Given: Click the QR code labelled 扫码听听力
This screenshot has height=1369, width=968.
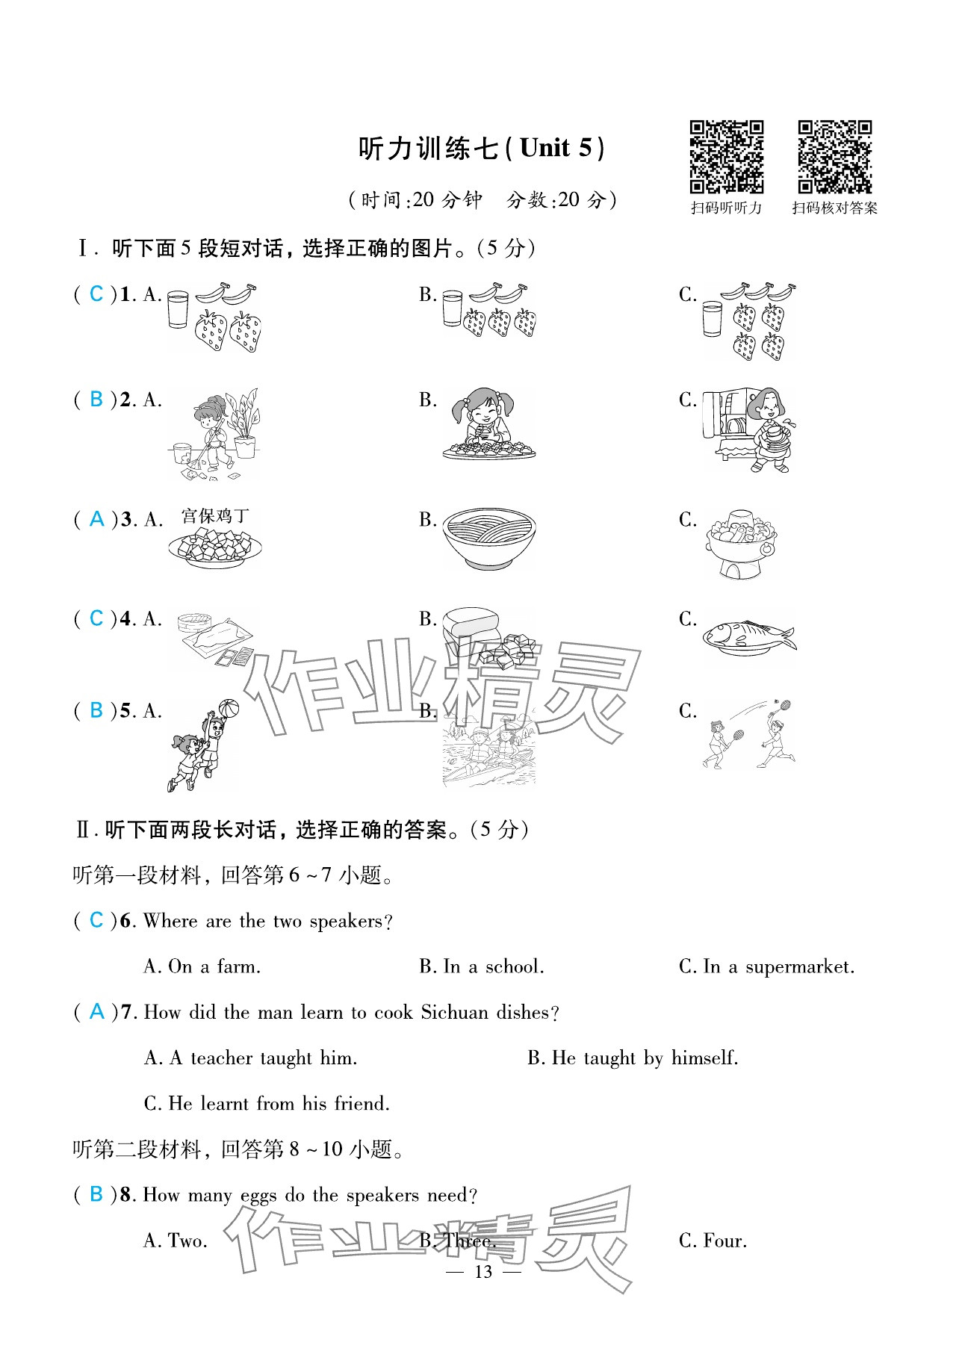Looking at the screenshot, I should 726,157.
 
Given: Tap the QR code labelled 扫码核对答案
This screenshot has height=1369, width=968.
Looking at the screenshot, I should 834,157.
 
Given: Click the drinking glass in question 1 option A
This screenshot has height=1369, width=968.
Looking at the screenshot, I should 178,309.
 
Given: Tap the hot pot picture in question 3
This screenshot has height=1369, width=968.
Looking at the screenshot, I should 740,544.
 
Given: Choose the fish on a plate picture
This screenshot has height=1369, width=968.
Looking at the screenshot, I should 748,637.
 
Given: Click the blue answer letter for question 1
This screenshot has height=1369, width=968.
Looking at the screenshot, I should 96,294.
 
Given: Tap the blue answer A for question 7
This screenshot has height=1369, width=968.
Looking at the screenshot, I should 96,1012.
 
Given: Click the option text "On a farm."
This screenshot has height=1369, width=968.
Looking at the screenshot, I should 214,967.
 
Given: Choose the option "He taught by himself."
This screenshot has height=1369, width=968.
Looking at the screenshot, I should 645,1058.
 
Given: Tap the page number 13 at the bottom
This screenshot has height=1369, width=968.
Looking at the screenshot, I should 483,1272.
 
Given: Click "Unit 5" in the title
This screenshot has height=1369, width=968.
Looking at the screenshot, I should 556,148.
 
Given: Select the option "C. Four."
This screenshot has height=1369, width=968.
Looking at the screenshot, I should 713,1241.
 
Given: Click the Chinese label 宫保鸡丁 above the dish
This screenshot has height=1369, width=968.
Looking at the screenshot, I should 215,516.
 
